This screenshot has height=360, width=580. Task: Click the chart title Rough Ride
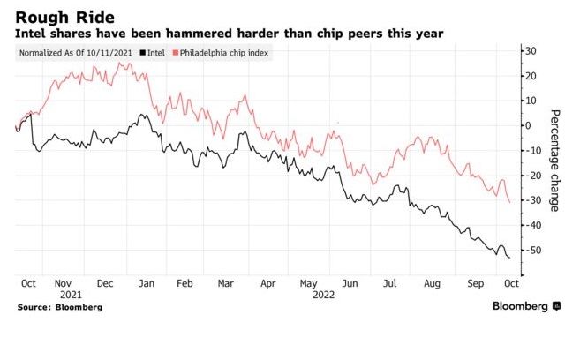55,14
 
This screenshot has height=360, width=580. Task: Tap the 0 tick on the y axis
531,125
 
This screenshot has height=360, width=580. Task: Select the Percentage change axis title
555,161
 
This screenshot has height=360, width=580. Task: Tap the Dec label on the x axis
105,285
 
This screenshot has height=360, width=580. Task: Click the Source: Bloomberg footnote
59,307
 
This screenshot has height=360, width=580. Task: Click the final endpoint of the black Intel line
510,258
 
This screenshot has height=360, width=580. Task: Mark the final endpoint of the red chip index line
510,202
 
